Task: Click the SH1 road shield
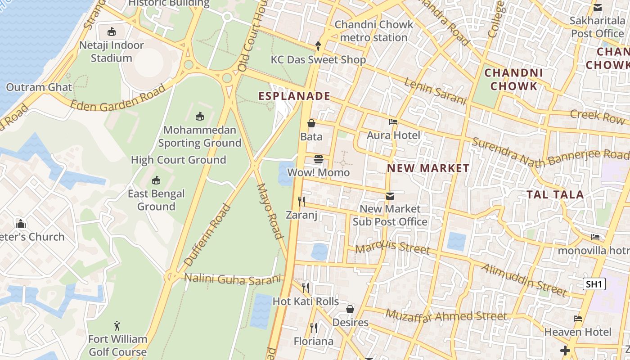(594, 284)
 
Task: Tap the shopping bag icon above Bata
(311, 123)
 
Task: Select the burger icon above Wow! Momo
(319, 159)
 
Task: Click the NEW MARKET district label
(428, 168)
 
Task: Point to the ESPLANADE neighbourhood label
(294, 96)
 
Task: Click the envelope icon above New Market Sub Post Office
(390, 196)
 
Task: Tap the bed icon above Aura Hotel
(393, 122)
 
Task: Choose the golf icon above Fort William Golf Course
(117, 325)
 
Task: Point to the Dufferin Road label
(207, 234)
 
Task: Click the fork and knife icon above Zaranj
(301, 201)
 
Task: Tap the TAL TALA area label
(555, 195)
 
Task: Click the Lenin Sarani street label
(435, 91)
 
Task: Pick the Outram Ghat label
(39, 87)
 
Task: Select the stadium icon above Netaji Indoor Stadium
(111, 31)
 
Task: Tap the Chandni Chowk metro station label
(373, 31)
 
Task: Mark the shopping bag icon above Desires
(350, 309)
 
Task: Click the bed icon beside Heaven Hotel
(578, 319)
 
